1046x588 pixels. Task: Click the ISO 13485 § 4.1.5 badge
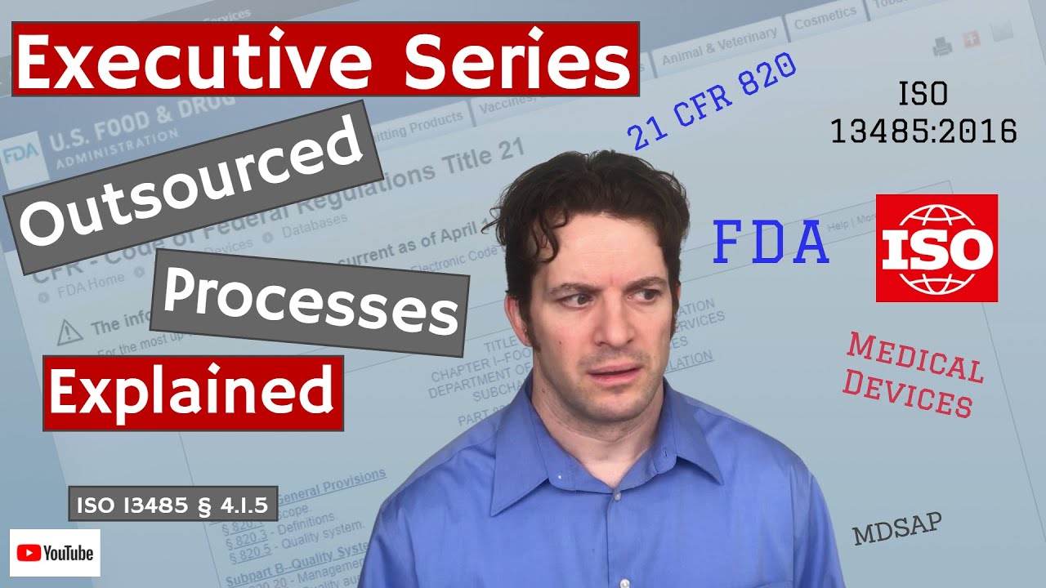[x=172, y=505]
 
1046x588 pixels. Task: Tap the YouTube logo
[x=55, y=553]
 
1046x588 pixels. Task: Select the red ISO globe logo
[x=936, y=248]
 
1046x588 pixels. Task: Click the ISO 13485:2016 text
[x=923, y=114]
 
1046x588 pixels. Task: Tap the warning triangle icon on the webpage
[x=69, y=331]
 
